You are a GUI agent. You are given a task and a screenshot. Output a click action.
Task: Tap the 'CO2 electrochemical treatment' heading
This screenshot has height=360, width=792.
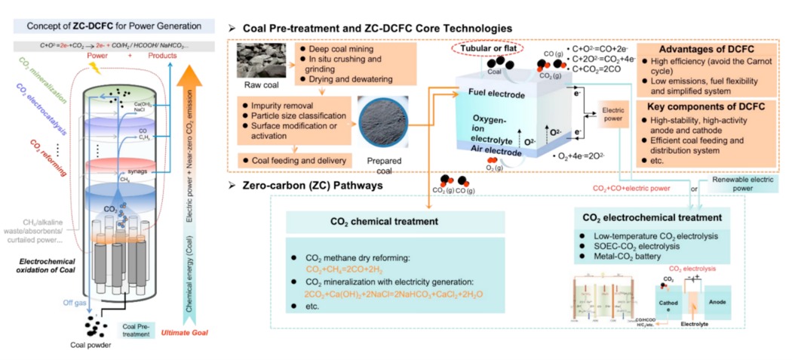coord(652,218)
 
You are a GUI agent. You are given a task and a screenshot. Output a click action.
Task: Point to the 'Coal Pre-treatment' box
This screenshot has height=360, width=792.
coord(135,331)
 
